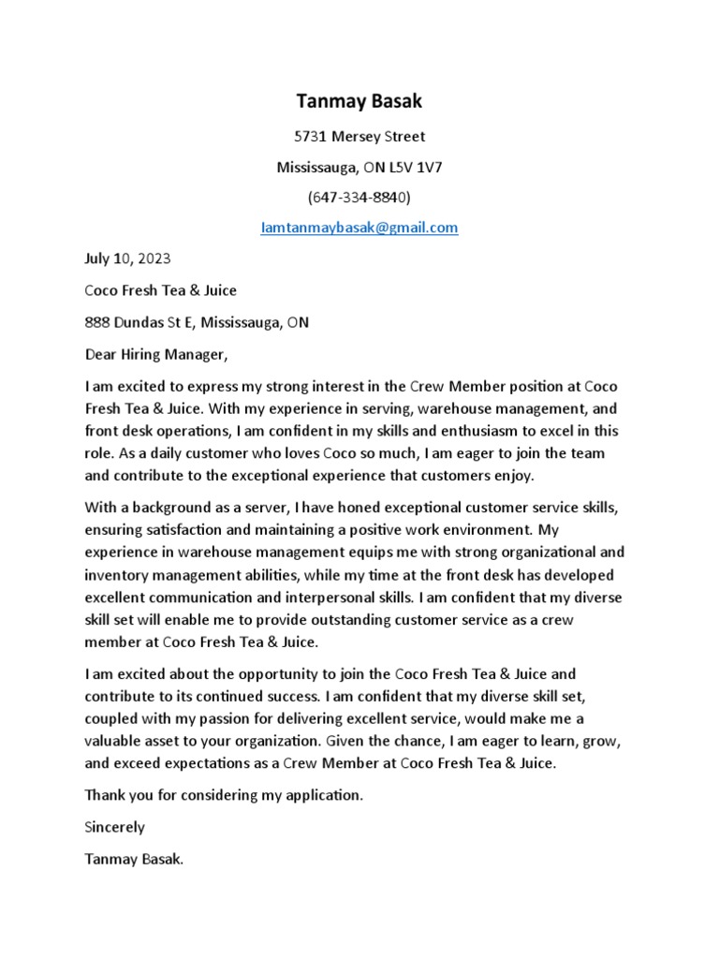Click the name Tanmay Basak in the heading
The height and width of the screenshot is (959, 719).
pos(359,100)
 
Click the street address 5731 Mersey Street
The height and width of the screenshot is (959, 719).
pos(359,137)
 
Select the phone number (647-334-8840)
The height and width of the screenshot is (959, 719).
pos(359,198)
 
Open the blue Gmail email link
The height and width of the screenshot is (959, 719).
pos(359,228)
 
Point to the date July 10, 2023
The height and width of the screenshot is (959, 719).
pos(127,258)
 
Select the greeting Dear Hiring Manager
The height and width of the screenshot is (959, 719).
pos(155,354)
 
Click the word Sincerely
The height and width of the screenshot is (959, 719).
pos(115,827)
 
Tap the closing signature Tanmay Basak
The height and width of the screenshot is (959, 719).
pos(134,858)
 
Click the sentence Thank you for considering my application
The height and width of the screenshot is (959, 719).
pos(223,795)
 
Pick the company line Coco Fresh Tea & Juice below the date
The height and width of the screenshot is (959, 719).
pos(160,290)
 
